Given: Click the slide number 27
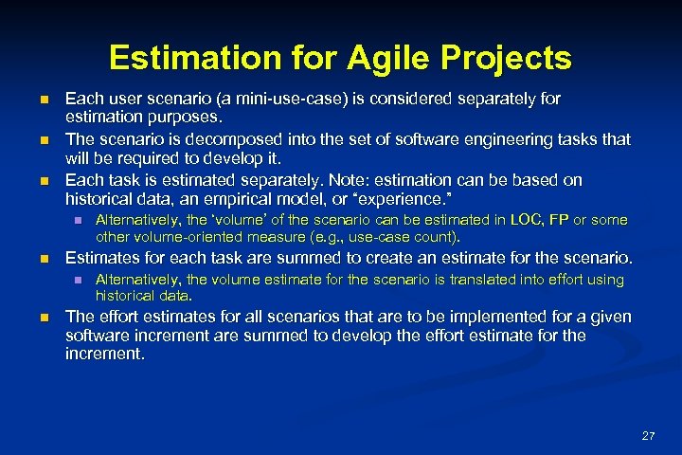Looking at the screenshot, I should click(648, 436).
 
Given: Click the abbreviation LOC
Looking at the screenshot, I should click(527, 219).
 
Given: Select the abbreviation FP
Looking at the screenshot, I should click(559, 219).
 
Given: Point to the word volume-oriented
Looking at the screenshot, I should click(188, 236).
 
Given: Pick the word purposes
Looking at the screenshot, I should click(187, 118).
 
